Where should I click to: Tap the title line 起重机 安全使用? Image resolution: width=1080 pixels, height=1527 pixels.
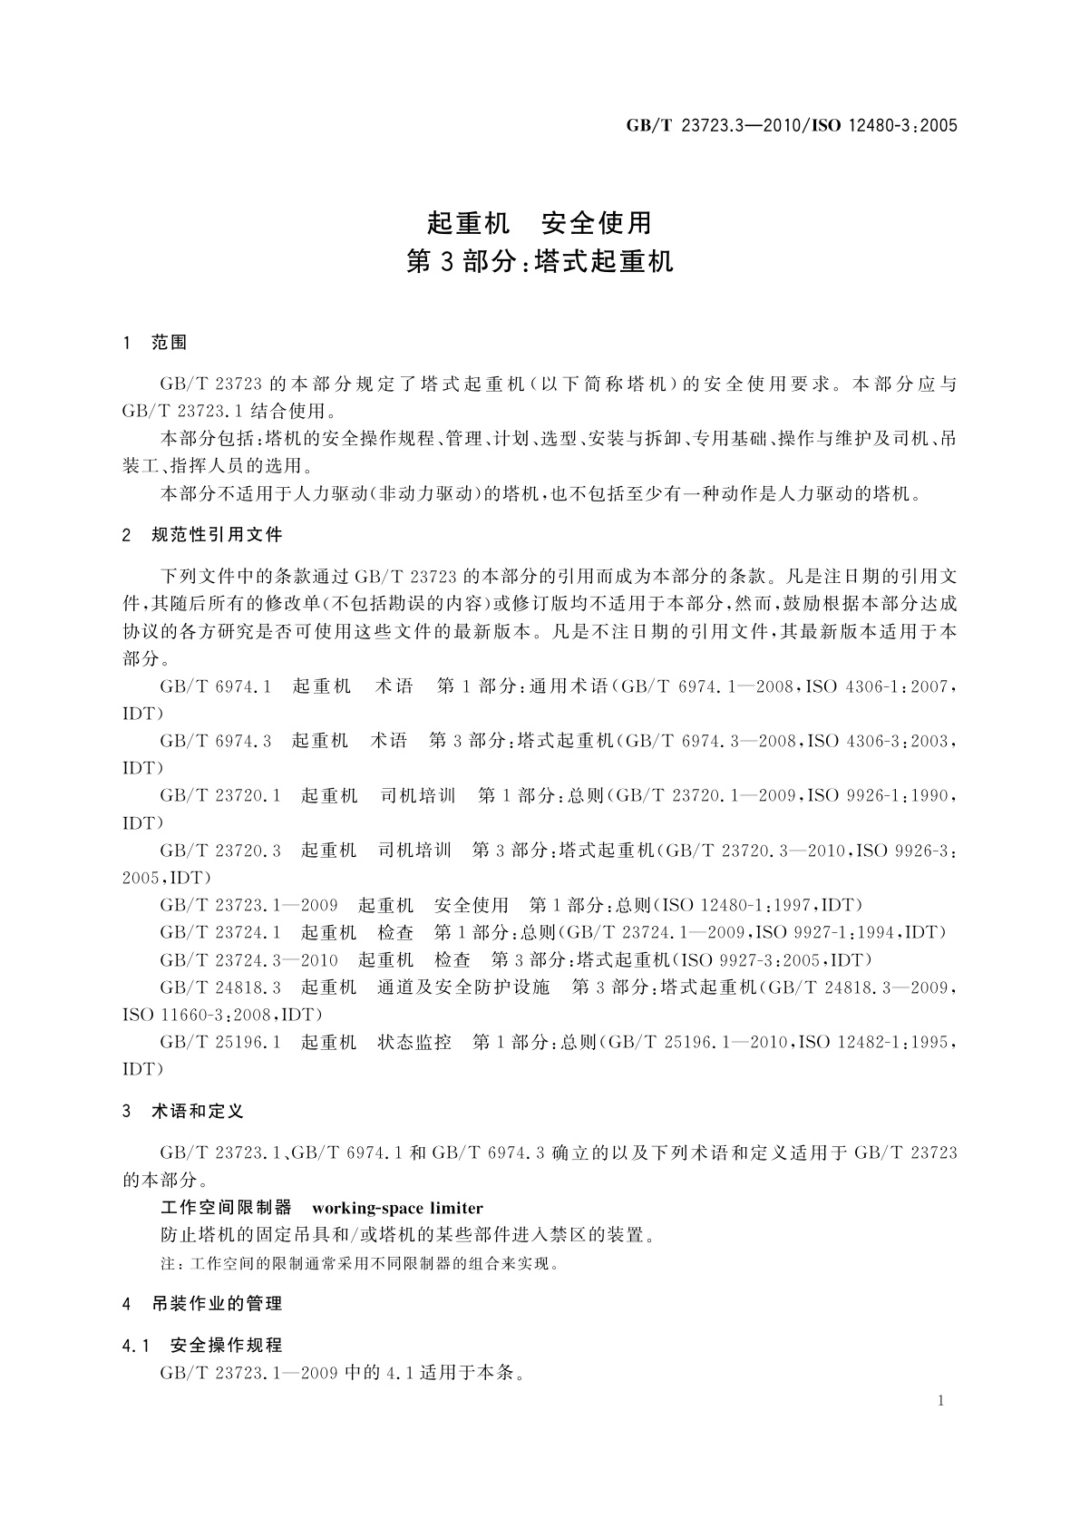pyautogui.click(x=540, y=222)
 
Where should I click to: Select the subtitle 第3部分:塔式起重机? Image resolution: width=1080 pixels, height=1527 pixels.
pyautogui.click(x=540, y=262)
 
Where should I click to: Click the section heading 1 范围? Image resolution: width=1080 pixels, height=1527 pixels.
pyautogui.click(x=155, y=343)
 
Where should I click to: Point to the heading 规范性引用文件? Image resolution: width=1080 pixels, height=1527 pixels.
pyautogui.click(x=218, y=535)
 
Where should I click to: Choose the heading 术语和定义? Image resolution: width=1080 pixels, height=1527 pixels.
pyautogui.click(x=198, y=1111)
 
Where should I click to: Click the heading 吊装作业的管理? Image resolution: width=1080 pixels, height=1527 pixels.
pyautogui.click(x=218, y=1303)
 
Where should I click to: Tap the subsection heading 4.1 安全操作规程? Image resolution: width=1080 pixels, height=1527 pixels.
pyautogui.click(x=203, y=1345)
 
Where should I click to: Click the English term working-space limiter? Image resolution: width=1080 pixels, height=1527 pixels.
pyautogui.click(x=397, y=1208)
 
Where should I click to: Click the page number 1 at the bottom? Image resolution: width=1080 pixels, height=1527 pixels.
pyautogui.click(x=940, y=1401)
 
